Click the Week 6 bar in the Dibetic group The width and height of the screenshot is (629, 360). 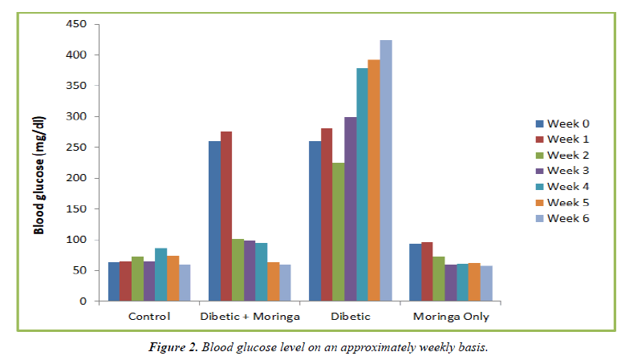[x=386, y=171]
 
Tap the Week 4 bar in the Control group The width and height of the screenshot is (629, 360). [x=160, y=275]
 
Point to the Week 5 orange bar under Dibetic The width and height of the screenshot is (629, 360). [x=374, y=180]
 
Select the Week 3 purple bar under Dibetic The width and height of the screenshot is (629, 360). [x=351, y=209]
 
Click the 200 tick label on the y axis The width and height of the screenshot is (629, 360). [x=75, y=179]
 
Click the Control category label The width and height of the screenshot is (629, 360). [x=149, y=317]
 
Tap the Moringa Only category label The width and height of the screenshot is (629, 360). [x=451, y=317]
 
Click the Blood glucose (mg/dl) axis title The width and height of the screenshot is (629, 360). [x=39, y=174]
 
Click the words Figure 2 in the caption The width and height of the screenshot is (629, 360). [x=173, y=347]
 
